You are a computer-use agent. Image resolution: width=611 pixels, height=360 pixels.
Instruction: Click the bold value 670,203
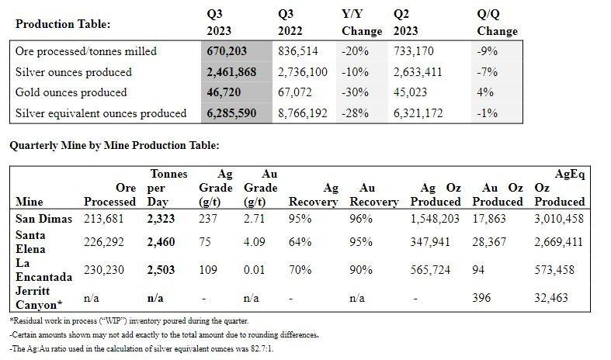click(x=227, y=51)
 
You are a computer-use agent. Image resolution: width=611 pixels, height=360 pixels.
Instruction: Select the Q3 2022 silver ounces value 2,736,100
click(x=303, y=72)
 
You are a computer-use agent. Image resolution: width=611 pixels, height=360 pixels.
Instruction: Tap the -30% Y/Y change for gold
click(x=355, y=92)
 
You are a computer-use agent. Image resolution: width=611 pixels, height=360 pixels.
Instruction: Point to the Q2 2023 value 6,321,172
click(x=418, y=113)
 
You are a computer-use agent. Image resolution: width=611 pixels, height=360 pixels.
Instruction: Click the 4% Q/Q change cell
click(x=485, y=92)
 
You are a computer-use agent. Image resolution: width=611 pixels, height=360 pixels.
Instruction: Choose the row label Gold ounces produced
click(x=71, y=92)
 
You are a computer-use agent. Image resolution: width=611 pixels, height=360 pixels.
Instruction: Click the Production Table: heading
click(x=63, y=24)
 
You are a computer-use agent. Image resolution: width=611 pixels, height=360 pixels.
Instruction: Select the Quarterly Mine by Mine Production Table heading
click(x=114, y=145)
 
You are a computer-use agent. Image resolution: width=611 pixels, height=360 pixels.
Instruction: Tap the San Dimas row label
click(x=43, y=219)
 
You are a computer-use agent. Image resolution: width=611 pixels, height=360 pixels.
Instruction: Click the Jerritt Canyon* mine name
click(x=39, y=298)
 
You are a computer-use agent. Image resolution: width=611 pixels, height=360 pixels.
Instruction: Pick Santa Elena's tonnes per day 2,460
click(x=161, y=242)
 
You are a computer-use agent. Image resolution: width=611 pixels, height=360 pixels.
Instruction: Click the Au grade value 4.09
click(x=255, y=242)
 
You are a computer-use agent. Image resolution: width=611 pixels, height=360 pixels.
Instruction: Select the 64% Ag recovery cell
click(x=300, y=242)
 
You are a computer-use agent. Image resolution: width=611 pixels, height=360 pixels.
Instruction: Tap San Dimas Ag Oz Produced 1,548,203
click(x=435, y=219)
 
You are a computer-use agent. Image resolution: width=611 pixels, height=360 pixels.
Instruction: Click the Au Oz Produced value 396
click(x=481, y=298)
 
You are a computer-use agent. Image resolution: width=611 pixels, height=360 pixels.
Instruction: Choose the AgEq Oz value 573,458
click(x=554, y=270)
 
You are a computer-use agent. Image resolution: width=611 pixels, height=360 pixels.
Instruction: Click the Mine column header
click(x=30, y=202)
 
